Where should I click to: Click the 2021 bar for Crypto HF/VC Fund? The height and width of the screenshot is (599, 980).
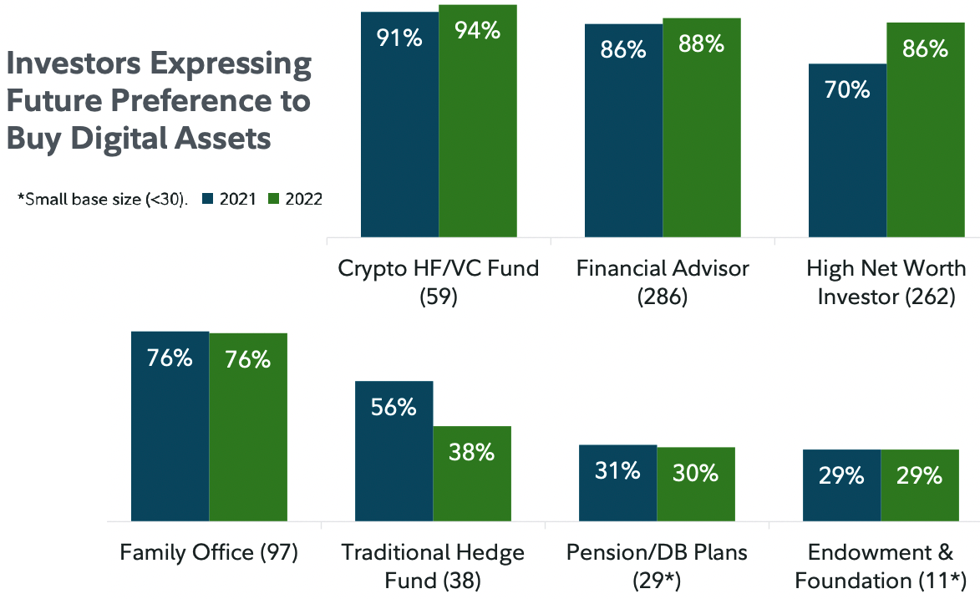(399, 125)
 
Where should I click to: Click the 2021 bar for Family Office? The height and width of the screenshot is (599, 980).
(170, 426)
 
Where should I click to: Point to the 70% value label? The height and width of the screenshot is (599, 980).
(847, 89)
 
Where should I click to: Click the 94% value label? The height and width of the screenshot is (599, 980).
(477, 32)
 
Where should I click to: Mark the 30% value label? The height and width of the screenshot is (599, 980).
(695, 473)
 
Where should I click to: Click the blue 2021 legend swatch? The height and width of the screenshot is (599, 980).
(209, 199)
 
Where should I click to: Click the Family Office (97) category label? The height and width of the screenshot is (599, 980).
(209, 553)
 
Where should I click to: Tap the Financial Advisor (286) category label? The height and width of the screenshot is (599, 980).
(663, 282)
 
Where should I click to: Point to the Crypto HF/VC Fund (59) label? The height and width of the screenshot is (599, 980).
(439, 282)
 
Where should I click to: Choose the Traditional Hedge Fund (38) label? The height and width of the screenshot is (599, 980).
(433, 566)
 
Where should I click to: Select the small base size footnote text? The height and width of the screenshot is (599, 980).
(102, 200)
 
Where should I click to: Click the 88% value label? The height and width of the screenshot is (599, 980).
(702, 44)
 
